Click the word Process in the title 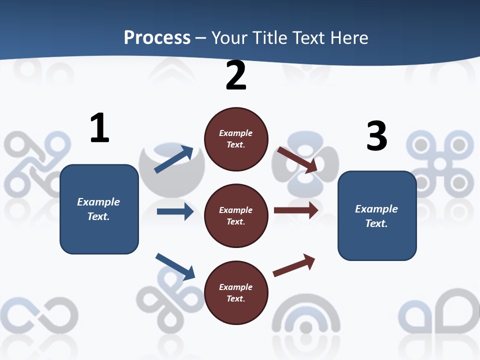(x=157, y=37)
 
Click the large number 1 (x=99, y=128)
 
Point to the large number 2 (x=236, y=75)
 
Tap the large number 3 (x=376, y=136)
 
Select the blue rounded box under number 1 (x=99, y=209)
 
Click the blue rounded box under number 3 (x=377, y=215)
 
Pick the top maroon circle (x=236, y=139)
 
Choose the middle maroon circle (x=236, y=215)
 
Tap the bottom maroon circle (x=236, y=292)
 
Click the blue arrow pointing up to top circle (x=174, y=159)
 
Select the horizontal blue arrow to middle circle (x=175, y=211)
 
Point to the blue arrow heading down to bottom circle (x=175, y=266)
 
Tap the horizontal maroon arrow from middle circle (x=296, y=210)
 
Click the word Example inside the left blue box (x=98, y=202)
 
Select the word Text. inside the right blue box (x=376, y=223)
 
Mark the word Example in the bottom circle (x=236, y=287)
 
